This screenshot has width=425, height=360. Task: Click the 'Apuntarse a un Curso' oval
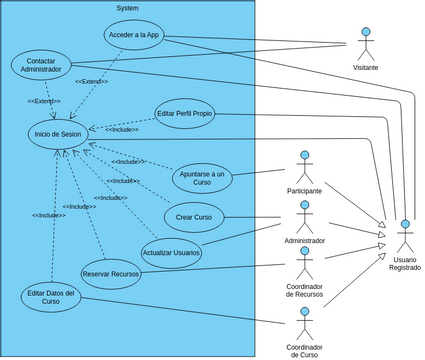[x=201, y=178]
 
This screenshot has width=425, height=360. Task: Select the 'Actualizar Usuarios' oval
[x=171, y=252]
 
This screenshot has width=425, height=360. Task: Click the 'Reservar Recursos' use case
[x=111, y=274]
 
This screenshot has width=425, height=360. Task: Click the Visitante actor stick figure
[x=365, y=43]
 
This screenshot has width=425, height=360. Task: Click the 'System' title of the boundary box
[x=127, y=7]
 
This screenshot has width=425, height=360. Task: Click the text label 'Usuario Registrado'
[x=405, y=265]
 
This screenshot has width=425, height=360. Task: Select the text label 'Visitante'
[x=365, y=68]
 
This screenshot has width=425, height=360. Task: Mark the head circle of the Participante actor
[x=304, y=154]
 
